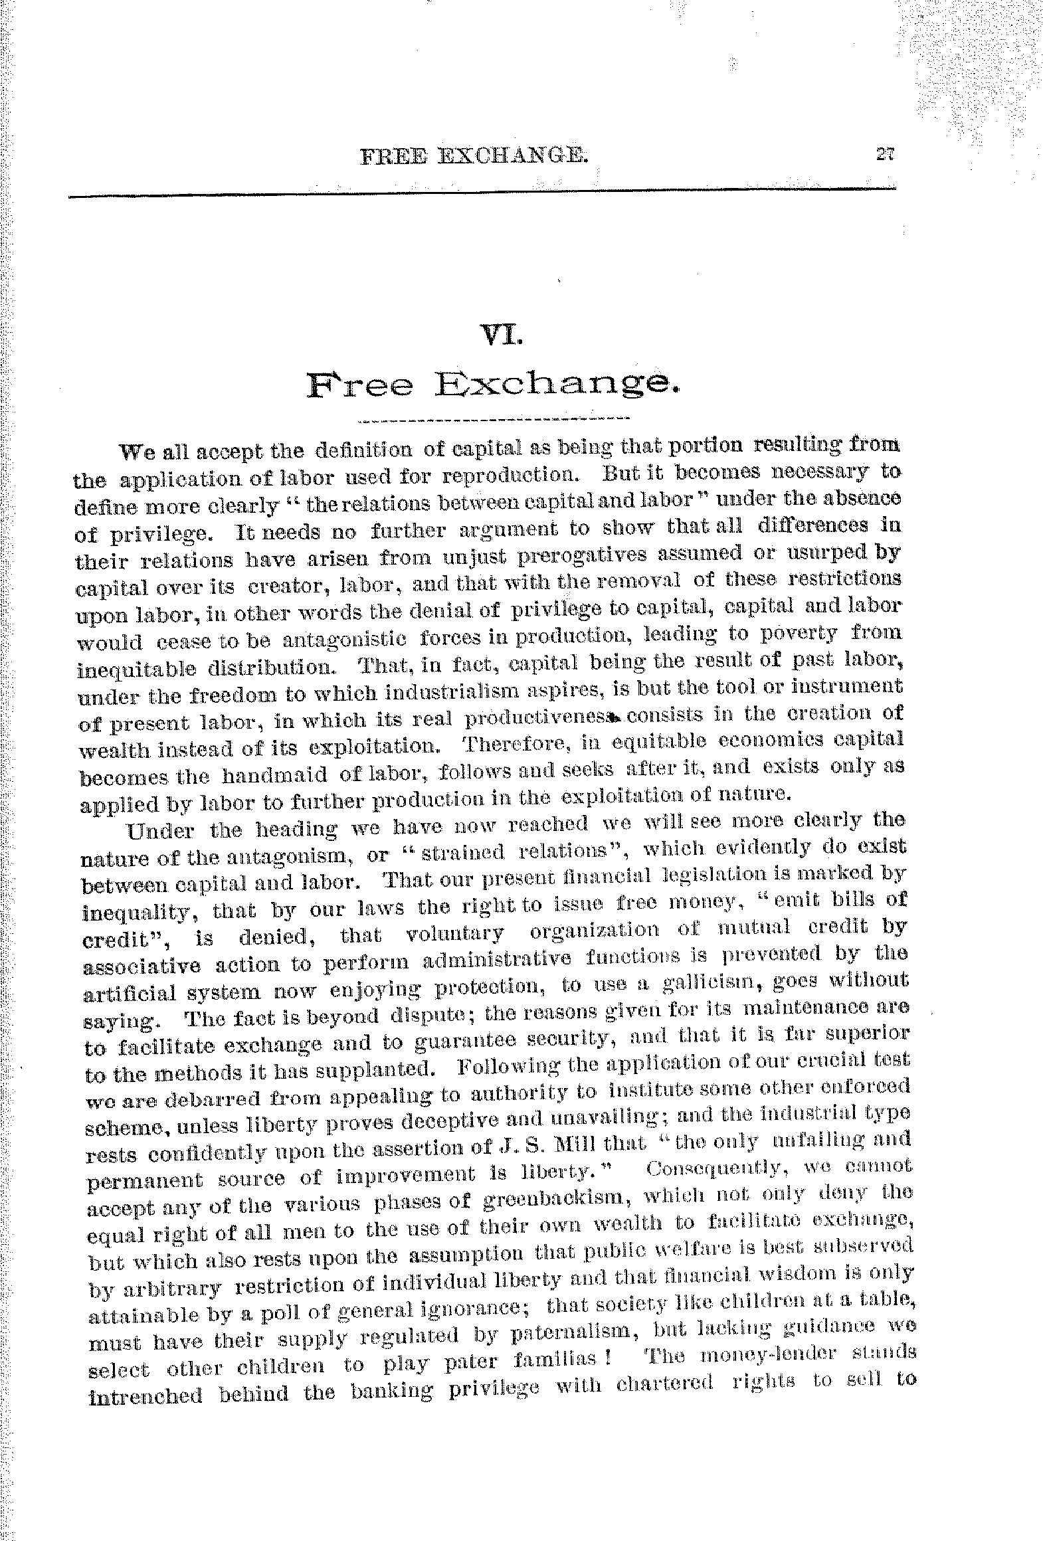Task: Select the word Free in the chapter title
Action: click(x=359, y=386)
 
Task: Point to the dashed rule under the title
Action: click(x=493, y=419)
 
